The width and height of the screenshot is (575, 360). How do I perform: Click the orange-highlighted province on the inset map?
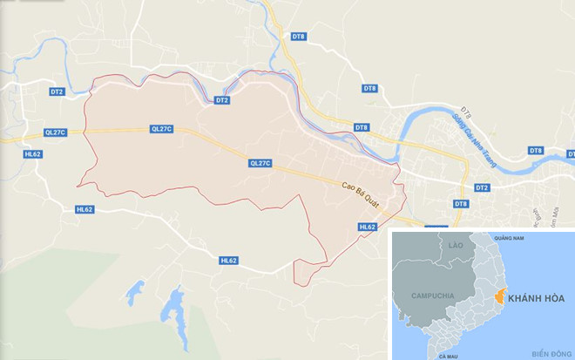tap(499, 296)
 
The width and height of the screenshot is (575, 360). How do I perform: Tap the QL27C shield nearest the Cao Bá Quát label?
tap(260, 163)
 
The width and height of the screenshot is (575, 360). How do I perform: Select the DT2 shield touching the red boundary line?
tap(222, 100)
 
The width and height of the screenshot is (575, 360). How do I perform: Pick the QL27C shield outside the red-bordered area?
tap(54, 132)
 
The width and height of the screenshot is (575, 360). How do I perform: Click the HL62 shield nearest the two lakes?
tap(229, 260)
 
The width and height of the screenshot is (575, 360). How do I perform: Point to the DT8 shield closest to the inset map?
tap(460, 204)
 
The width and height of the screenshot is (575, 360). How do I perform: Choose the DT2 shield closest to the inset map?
tap(482, 187)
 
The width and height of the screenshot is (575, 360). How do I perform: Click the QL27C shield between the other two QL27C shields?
tap(162, 128)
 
